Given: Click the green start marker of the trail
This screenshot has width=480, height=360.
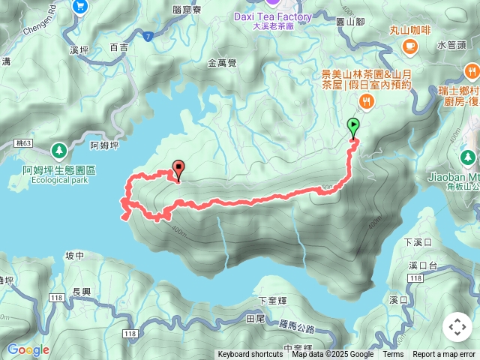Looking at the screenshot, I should click(x=354, y=127).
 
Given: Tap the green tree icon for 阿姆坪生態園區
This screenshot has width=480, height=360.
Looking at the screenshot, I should click(x=60, y=149).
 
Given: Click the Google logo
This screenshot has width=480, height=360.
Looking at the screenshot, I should click(x=28, y=349).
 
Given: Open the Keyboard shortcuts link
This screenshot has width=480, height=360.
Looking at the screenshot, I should click(x=250, y=355).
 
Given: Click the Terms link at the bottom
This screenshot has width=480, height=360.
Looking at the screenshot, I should click(x=393, y=355).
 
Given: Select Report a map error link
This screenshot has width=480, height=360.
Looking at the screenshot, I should click(x=444, y=355).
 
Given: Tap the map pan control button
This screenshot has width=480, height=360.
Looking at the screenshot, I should click(x=457, y=327).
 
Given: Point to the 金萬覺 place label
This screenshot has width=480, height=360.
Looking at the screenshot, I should click(x=222, y=64).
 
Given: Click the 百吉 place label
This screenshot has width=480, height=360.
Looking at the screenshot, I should click(x=118, y=47).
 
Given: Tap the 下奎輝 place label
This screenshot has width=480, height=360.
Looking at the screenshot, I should click(x=272, y=300).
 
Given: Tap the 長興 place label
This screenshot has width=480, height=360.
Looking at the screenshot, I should click(x=80, y=292).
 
